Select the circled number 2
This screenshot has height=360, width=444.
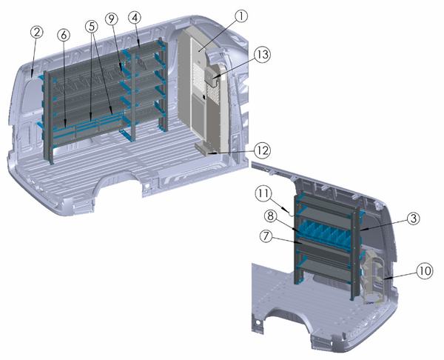click(x=37, y=33)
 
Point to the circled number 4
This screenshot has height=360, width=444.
click(x=135, y=18)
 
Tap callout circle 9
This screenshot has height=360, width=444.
click(x=112, y=18)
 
